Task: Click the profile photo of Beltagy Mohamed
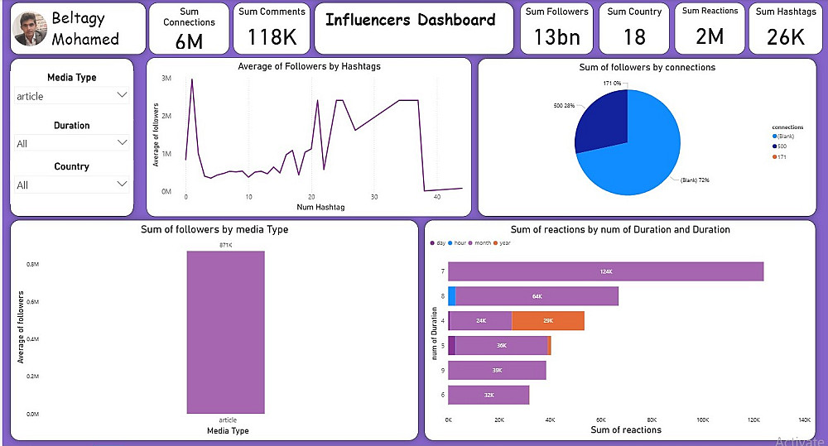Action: click(x=31, y=29)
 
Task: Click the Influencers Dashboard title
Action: click(x=411, y=20)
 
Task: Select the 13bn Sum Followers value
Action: click(x=556, y=37)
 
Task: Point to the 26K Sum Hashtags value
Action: click(x=785, y=37)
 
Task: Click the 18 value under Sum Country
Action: click(x=634, y=37)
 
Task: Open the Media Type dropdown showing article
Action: click(x=71, y=96)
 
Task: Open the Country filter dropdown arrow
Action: click(x=122, y=184)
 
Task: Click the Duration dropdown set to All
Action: click(x=71, y=143)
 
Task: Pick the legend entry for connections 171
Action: click(x=782, y=157)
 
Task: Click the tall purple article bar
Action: click(x=226, y=331)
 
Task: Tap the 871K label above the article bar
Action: click(x=226, y=246)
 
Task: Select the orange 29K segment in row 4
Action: click(x=547, y=320)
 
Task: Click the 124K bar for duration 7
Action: click(x=605, y=271)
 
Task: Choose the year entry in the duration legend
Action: click(x=504, y=242)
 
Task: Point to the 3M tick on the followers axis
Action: click(x=166, y=79)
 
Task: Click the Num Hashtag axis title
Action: click(x=320, y=207)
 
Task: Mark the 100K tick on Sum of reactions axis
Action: click(x=702, y=420)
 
